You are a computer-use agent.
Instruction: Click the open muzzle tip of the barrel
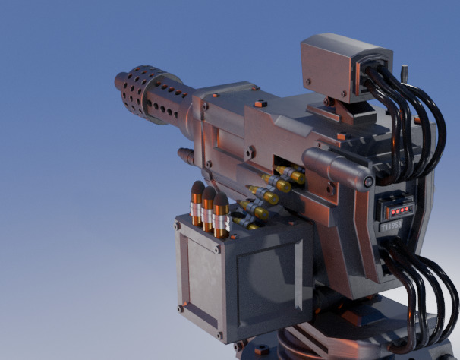pos(121,80)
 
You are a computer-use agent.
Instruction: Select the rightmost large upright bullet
pos(222,213)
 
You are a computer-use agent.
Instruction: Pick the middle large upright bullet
pos(209,207)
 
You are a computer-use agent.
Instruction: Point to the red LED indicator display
pos(396,208)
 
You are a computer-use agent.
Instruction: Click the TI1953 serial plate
pos(392,227)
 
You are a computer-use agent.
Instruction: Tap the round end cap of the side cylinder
pos(368,182)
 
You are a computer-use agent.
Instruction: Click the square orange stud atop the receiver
pos(259,103)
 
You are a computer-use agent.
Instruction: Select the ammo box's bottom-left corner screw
pos(180,308)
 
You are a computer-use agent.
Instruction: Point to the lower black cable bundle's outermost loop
pos(448,304)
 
